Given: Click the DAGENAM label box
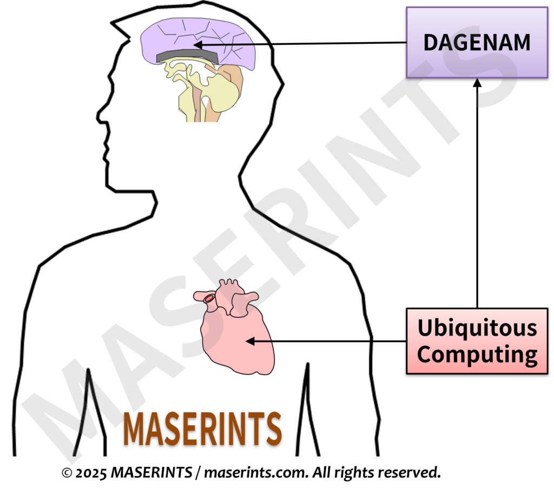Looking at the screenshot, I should click(477, 42).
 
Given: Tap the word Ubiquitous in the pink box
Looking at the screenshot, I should click(477, 327).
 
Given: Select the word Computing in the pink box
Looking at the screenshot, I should click(477, 355).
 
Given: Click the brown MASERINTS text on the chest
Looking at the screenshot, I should click(202, 429).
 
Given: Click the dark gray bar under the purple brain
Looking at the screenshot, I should click(187, 56).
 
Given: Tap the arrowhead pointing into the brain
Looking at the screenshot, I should click(199, 45).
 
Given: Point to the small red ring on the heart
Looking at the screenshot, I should click(209, 298).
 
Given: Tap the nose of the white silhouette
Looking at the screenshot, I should click(102, 115).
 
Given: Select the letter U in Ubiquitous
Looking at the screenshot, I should click(425, 327).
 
